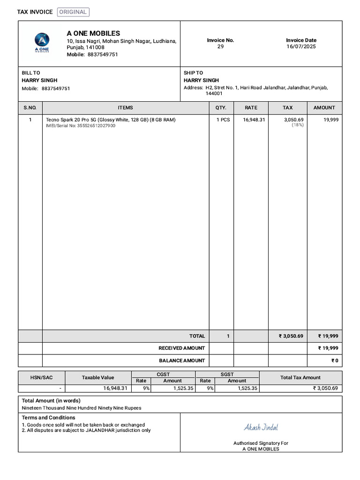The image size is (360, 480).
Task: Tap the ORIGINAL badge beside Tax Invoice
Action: point(73,12)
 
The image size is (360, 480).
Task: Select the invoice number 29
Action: point(220,47)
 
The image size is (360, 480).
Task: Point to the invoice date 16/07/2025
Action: point(301,47)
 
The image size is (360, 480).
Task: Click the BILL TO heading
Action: point(31,73)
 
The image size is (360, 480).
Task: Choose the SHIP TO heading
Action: point(193,73)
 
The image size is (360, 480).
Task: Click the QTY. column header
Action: point(221,108)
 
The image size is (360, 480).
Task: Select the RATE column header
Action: point(251,108)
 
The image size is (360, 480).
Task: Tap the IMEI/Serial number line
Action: point(80,126)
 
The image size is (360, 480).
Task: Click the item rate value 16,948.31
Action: point(254,120)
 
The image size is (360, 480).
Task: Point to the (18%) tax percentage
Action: point(297,126)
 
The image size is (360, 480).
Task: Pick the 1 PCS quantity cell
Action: point(223,120)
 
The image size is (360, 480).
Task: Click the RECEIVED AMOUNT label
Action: point(182,348)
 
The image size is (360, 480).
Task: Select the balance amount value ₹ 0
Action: point(334,361)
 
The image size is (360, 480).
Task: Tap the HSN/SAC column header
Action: point(42,377)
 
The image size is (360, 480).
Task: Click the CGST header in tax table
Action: point(163,375)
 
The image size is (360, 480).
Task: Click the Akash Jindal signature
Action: point(261,427)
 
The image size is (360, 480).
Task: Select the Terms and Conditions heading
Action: point(48,418)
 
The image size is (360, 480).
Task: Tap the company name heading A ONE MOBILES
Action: point(93,33)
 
